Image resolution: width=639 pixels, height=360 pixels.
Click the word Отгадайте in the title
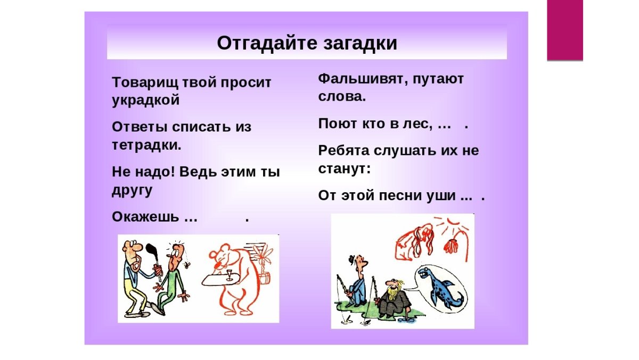pyautogui.click(x=267, y=43)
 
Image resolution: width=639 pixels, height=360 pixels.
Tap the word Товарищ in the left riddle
pyautogui.click(x=145, y=83)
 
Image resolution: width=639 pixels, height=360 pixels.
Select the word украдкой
pyautogui.click(x=145, y=100)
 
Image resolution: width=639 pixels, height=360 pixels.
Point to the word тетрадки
pyautogui.click(x=146, y=145)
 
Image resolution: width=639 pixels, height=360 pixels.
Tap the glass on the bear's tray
pyautogui.click(x=229, y=275)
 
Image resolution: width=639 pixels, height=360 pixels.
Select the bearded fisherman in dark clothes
pyautogui.click(x=392, y=299)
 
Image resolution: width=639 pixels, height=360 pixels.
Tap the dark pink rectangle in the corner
pyautogui.click(x=565, y=30)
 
